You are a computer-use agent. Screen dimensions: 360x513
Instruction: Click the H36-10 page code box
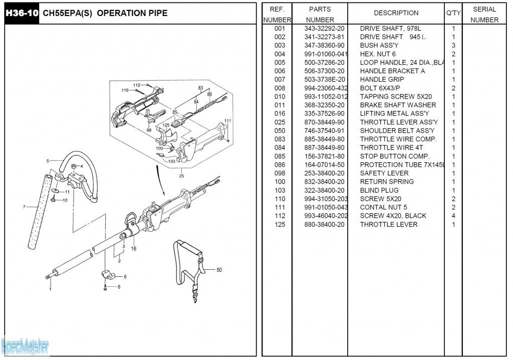21,14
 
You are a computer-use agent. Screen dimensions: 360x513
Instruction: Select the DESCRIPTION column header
396,13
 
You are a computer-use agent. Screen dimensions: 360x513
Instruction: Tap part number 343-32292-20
324,29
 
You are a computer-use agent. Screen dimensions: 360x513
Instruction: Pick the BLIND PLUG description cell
379,190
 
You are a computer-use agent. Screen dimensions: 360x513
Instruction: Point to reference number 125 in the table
280,224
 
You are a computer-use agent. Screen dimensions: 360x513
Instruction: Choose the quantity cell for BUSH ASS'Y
453,46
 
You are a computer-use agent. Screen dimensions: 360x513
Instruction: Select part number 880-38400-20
324,224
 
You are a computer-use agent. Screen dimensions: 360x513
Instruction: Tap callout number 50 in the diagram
219,270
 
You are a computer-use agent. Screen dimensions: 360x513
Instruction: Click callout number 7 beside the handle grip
24,207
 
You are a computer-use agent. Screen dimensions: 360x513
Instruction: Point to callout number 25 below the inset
181,176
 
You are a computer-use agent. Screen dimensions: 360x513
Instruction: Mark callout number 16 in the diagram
134,248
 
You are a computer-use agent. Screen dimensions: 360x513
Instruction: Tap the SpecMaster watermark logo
25,345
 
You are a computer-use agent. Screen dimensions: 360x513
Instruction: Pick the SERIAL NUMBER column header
484,15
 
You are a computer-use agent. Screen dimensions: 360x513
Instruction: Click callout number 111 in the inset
228,121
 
